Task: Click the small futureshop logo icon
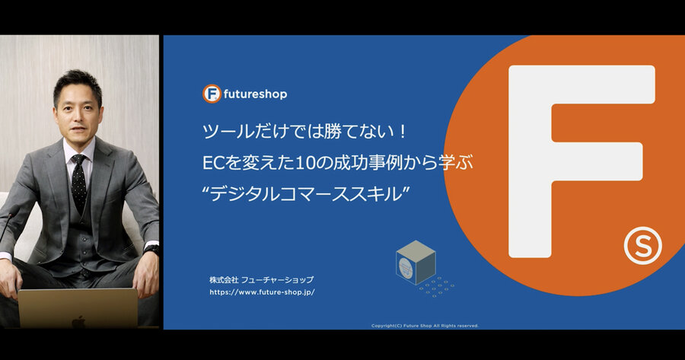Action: pyautogui.click(x=212, y=94)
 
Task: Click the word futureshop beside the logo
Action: pyautogui.click(x=255, y=94)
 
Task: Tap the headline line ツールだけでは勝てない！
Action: pyautogui.click(x=305, y=132)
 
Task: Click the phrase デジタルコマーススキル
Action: pyautogui.click(x=305, y=194)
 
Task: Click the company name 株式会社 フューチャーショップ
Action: pyautogui.click(x=261, y=279)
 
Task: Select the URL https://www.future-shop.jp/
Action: pyautogui.click(x=262, y=292)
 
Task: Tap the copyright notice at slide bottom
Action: pyautogui.click(x=425, y=326)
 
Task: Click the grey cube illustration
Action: pyautogui.click(x=416, y=262)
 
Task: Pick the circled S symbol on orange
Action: pyautogui.click(x=642, y=246)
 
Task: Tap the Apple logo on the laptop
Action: pyautogui.click(x=78, y=322)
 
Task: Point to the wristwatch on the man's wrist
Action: pyautogui.click(x=152, y=250)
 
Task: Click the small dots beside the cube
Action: pyautogui.click(x=436, y=286)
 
